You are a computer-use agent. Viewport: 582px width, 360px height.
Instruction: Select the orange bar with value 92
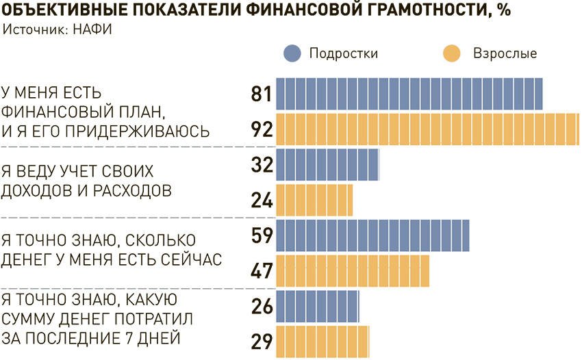click(428, 129)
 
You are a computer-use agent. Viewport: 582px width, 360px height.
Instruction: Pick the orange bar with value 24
click(314, 200)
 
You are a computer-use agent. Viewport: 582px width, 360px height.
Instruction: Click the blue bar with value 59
click(372, 236)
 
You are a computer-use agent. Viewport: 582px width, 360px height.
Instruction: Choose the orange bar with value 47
click(353, 271)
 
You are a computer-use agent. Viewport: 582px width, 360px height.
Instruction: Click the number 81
click(262, 94)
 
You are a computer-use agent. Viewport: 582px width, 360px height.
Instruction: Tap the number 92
click(262, 129)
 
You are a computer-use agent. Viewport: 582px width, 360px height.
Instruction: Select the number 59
click(262, 236)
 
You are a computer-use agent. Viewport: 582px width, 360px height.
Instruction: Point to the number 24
click(262, 201)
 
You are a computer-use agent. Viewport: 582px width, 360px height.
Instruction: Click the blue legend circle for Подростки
click(292, 53)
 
